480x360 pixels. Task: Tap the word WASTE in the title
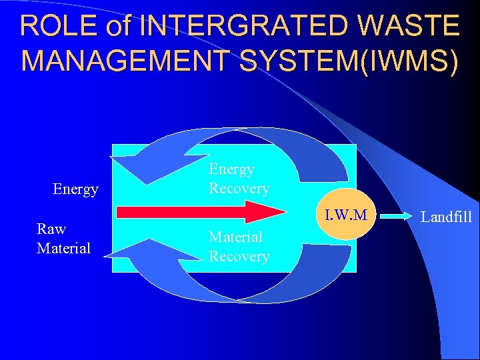coord(407,26)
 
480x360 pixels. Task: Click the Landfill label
coord(447,217)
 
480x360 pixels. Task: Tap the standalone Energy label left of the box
coord(75,189)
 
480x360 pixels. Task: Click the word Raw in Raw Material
coord(51,229)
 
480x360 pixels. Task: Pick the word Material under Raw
coord(63,248)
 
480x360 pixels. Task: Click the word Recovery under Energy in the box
coord(239,188)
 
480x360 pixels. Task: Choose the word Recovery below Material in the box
coord(239,256)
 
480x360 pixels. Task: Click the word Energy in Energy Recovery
coord(231,169)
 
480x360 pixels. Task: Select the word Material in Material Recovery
coord(235,237)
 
